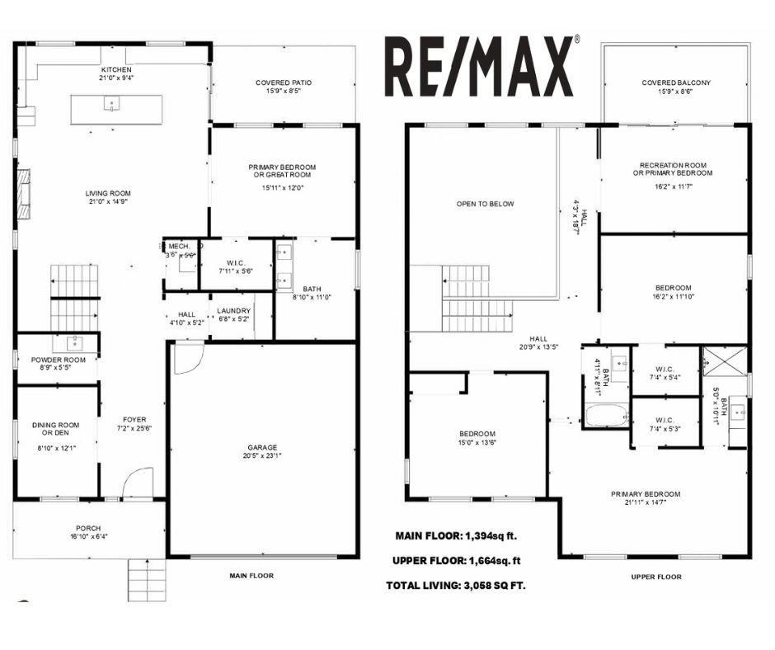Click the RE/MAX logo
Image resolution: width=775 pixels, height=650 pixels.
coord(481,66)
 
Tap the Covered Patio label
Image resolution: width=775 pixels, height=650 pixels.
coord(283,82)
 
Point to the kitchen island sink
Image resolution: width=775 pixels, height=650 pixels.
coord(110,104)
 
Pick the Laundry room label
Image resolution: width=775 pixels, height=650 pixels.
coord(233,311)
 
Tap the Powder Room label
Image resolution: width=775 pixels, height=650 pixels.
coord(58,360)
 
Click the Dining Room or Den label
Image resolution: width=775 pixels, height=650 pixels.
coord(56,429)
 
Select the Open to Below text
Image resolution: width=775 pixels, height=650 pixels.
coord(486,204)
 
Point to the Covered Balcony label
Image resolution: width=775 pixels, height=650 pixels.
coord(675,82)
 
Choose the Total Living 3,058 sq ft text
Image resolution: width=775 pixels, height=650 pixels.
coord(455,586)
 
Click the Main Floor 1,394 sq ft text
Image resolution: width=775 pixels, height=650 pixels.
coord(456,535)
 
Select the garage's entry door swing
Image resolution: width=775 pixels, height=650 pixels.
coord(187,357)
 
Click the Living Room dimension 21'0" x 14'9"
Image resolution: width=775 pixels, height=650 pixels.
coord(108,201)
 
